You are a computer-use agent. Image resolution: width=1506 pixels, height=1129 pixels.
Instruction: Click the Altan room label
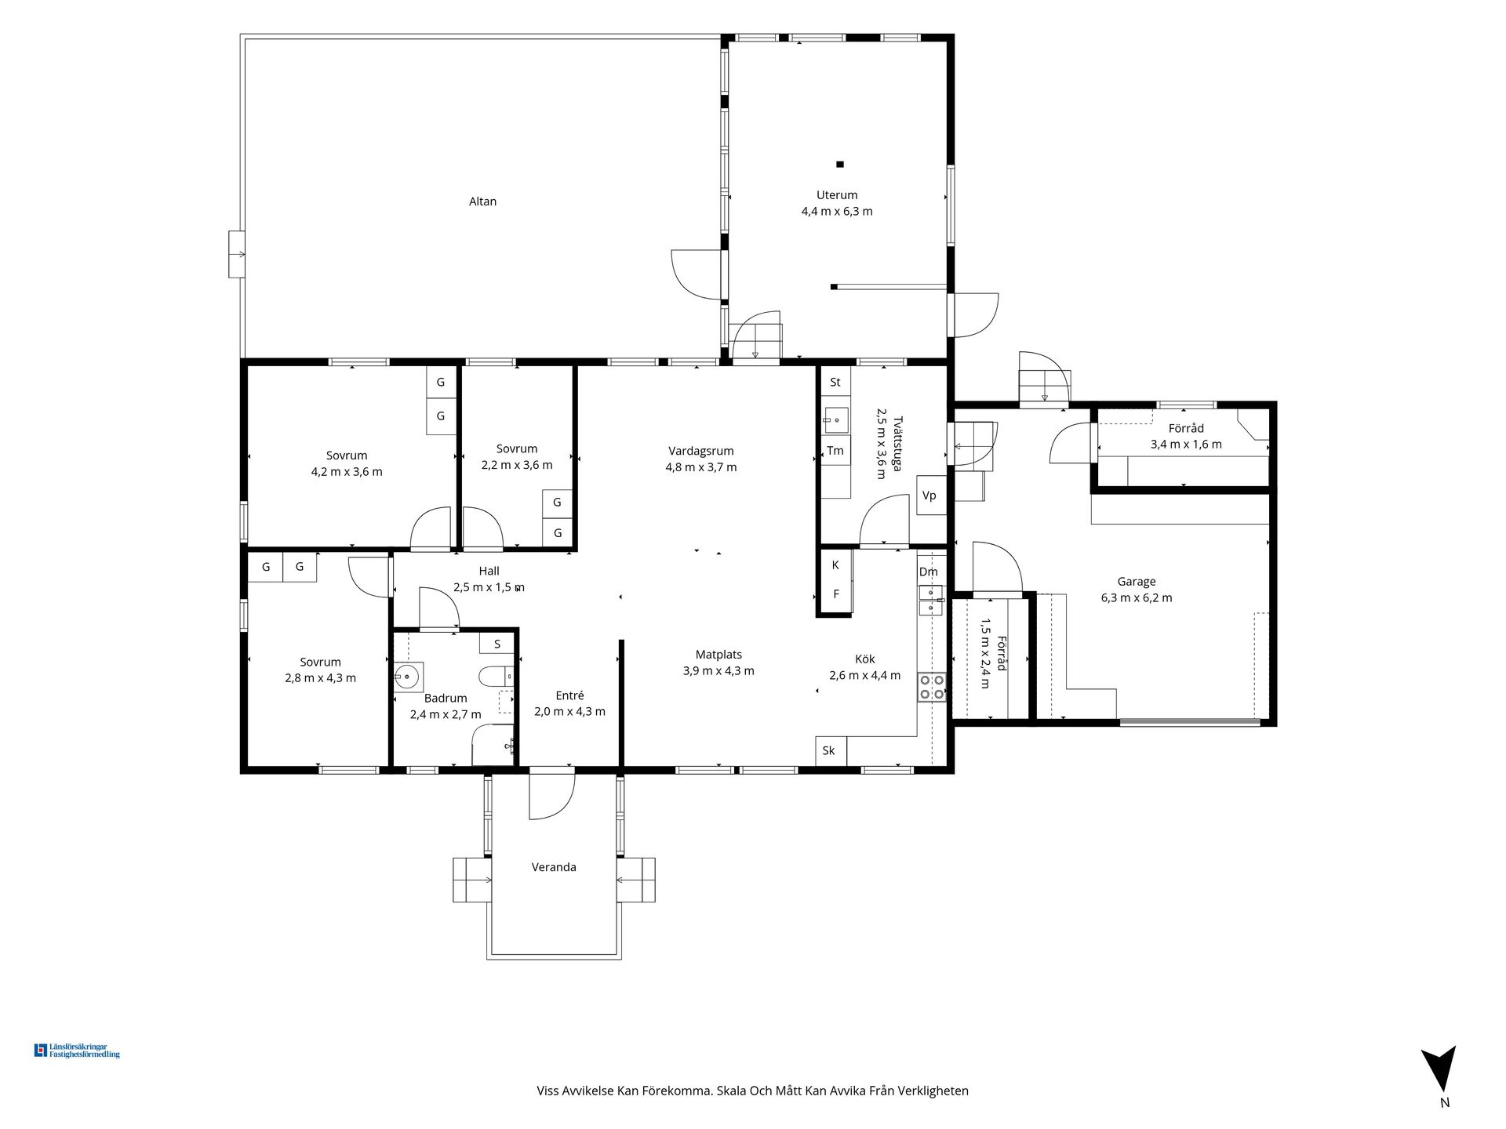[x=482, y=201]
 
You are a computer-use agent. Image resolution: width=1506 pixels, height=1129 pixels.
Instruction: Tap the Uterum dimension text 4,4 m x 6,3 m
[x=837, y=211]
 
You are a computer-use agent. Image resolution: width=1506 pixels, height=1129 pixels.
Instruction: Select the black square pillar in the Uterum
[x=839, y=164]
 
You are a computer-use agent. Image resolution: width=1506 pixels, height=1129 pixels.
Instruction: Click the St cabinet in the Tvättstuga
[x=835, y=382]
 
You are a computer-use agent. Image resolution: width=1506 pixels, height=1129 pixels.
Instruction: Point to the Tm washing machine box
[x=835, y=450]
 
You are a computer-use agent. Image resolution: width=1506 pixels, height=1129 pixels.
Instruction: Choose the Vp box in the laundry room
[x=931, y=496]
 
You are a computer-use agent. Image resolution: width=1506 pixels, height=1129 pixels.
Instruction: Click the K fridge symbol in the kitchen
[x=835, y=564]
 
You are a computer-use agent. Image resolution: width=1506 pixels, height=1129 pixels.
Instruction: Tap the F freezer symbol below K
[x=835, y=594]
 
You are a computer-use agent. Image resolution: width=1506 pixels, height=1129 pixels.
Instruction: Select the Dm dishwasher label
[x=929, y=572]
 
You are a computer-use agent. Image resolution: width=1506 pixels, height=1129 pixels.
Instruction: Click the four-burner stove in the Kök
[x=931, y=688]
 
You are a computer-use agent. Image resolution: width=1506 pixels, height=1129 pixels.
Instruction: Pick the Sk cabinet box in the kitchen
[x=830, y=750]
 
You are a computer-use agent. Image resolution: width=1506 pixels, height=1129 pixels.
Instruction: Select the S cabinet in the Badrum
[x=497, y=644]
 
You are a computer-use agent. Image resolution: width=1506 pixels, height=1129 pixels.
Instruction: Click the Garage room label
[x=1137, y=582]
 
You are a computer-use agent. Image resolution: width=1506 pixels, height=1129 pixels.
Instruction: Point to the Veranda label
[x=554, y=867]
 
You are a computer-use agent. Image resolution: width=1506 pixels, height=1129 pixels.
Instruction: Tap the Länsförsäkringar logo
[x=77, y=1051]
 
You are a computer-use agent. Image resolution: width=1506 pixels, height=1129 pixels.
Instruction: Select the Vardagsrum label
[x=701, y=451]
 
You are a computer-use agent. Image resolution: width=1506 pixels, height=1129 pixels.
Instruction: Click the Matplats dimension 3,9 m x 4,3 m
[x=718, y=671]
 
